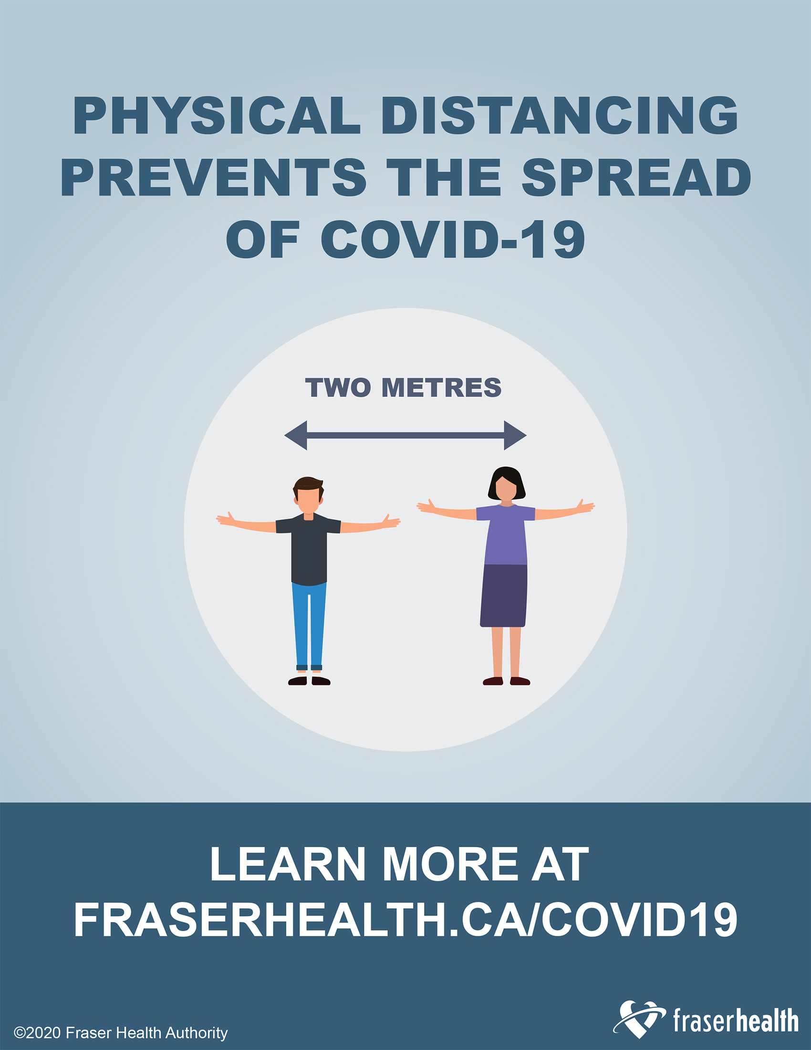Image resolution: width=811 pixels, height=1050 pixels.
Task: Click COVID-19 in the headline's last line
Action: tap(453, 239)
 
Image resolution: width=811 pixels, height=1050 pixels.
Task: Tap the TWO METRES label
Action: tap(403, 387)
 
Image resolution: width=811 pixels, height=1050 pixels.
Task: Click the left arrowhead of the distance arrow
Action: tap(295, 435)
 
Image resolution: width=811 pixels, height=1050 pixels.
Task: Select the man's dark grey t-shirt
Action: tap(309, 548)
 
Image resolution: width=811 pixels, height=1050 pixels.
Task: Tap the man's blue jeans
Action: tap(309, 625)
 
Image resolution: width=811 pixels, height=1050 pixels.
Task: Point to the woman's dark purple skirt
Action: tap(504, 596)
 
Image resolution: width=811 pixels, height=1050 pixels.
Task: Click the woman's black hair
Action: tap(506, 482)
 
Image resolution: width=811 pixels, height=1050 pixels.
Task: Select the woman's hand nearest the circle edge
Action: tap(585, 506)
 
